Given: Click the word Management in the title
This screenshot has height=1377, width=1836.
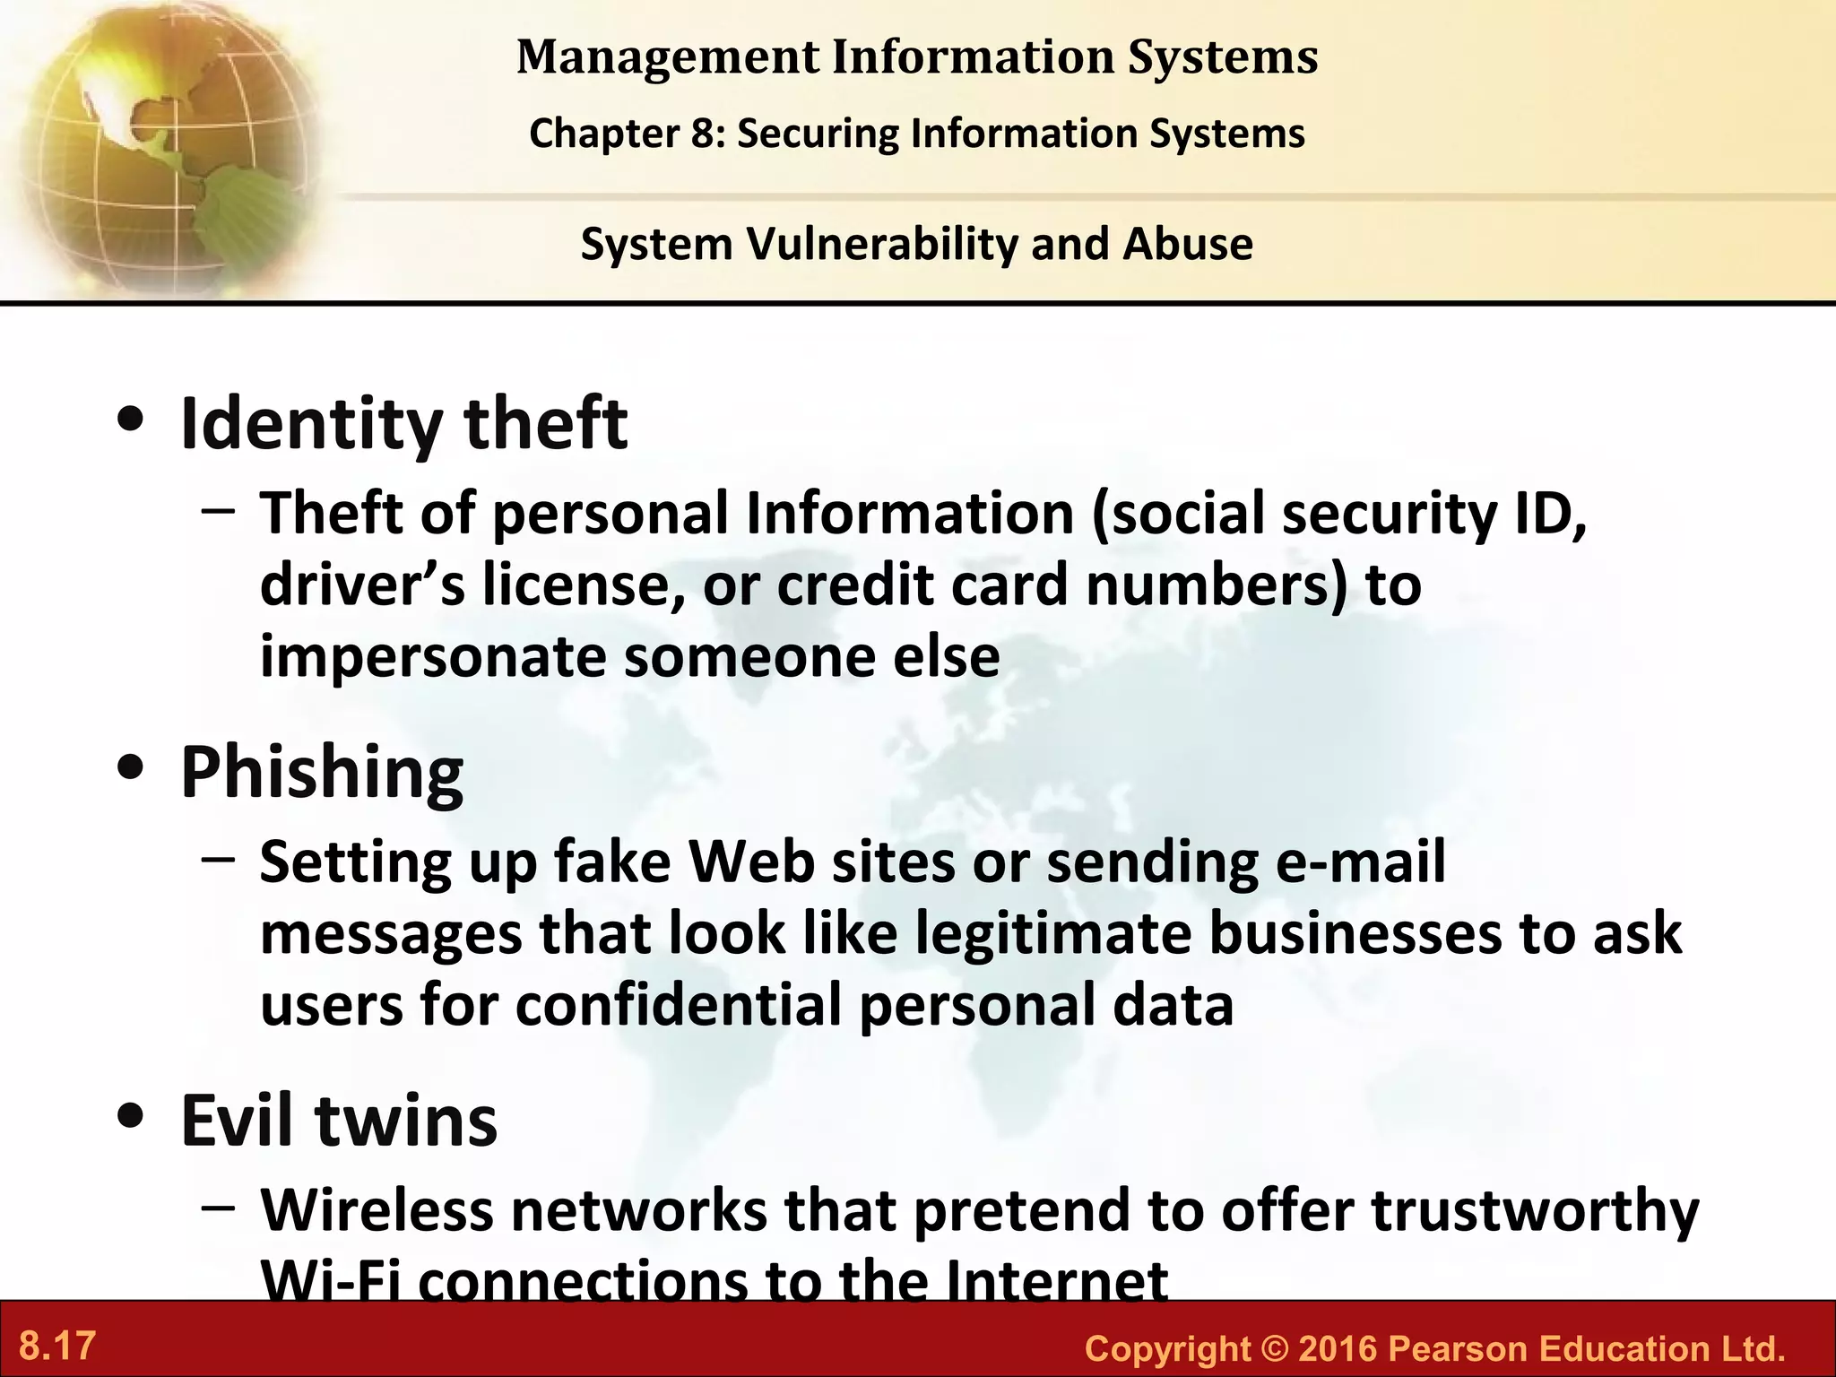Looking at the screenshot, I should pyautogui.click(x=668, y=57).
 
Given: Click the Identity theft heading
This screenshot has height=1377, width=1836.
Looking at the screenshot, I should pyautogui.click(x=403, y=423).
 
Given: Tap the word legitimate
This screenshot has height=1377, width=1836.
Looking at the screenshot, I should pyautogui.click(x=1053, y=934).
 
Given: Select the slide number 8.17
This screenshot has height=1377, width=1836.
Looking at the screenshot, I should pyautogui.click(x=57, y=1346).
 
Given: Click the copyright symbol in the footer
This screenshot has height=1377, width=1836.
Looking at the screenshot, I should pyautogui.click(x=1274, y=1348).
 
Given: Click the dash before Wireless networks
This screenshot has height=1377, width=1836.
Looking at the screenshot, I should pyautogui.click(x=219, y=1207).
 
